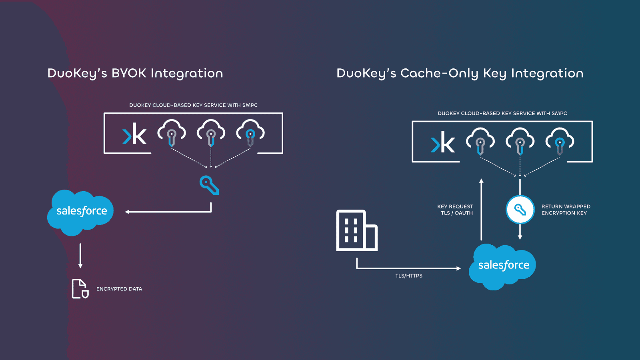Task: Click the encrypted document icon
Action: click(x=80, y=289)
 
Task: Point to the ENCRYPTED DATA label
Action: click(x=119, y=289)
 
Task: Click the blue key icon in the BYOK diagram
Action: click(x=209, y=185)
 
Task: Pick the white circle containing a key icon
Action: click(x=520, y=210)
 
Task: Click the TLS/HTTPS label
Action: click(x=409, y=276)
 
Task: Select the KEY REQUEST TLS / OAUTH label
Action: click(x=456, y=210)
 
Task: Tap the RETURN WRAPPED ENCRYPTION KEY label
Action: click(x=566, y=210)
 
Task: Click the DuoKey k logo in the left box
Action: click(x=135, y=134)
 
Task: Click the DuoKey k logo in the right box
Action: click(x=443, y=142)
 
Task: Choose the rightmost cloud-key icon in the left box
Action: click(x=250, y=133)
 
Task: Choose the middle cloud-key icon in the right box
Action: click(x=520, y=141)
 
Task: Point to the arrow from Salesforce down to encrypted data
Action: click(x=80, y=255)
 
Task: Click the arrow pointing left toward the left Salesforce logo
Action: click(x=168, y=212)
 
